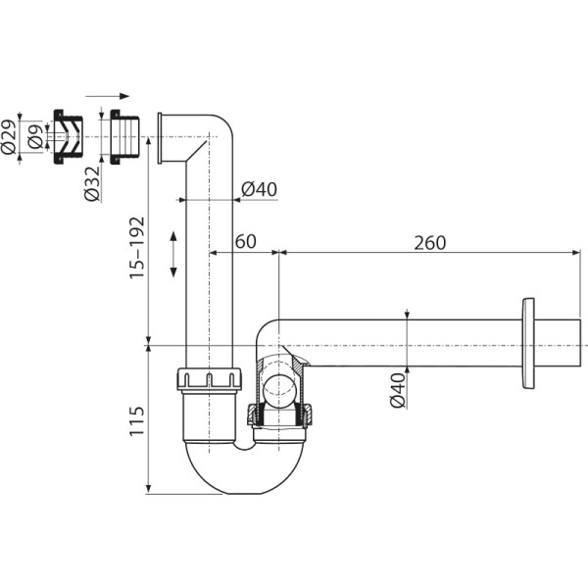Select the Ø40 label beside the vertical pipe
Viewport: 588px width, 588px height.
click(x=258, y=188)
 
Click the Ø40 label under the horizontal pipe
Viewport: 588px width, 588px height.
click(x=397, y=389)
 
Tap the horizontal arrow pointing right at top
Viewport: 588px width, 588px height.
click(x=107, y=96)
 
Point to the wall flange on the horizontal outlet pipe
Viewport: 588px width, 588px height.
click(x=529, y=344)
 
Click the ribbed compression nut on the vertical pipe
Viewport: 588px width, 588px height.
click(x=209, y=379)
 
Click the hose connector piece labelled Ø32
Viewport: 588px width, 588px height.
click(x=124, y=136)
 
